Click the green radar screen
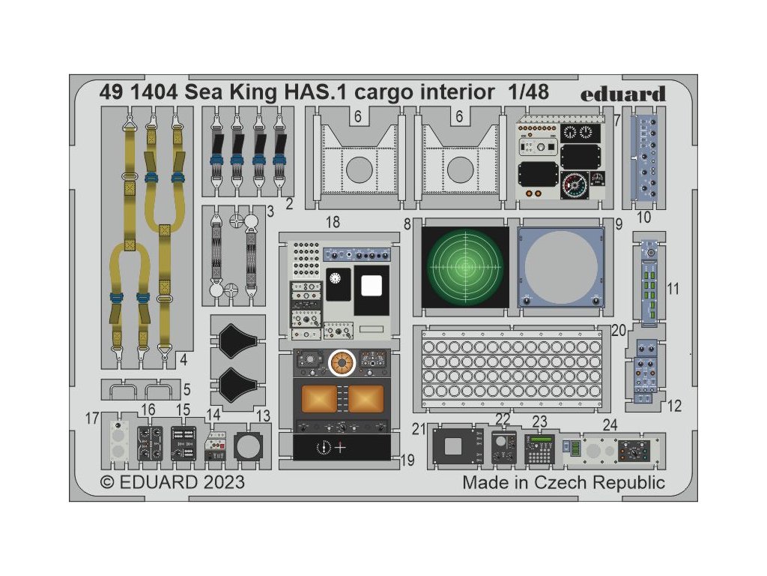465,266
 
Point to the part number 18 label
333,223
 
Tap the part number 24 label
610,424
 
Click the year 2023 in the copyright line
221,481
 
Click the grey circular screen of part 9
561,267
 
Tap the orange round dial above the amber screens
342,363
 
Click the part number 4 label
182,359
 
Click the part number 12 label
674,406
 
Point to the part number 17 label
92,418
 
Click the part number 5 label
187,389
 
